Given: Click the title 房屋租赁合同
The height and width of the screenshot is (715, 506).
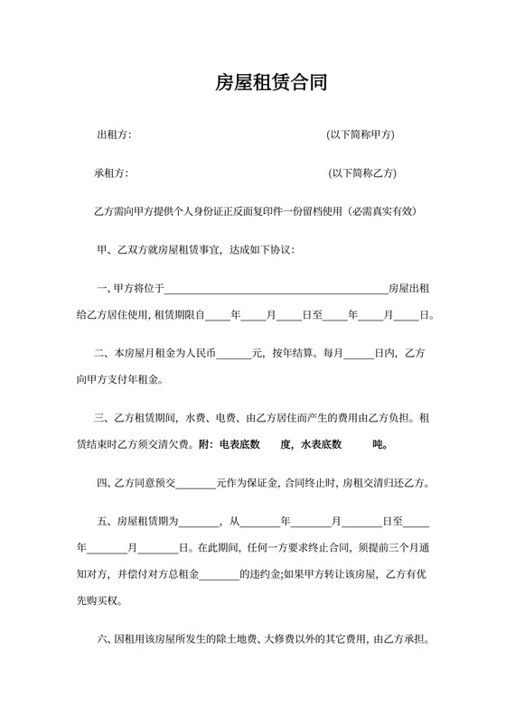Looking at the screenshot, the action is pyautogui.click(x=270, y=83).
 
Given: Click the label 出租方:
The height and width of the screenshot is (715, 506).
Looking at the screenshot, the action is pyautogui.click(x=114, y=135).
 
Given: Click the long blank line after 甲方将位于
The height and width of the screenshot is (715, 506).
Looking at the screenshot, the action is pyautogui.click(x=276, y=290).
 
